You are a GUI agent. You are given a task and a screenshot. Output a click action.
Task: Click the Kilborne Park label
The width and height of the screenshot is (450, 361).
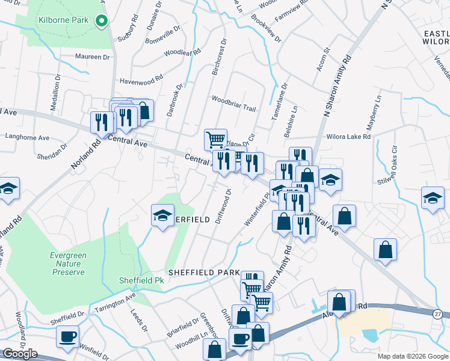63,20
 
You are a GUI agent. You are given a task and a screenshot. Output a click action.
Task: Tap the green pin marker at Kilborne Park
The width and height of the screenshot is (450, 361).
102,21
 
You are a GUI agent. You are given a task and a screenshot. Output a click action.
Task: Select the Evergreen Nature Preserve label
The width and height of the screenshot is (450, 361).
68,264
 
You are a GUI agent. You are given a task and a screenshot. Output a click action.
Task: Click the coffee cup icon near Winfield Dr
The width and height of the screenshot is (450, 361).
67,336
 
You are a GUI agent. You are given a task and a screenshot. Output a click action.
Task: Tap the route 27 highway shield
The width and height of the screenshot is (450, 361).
439,314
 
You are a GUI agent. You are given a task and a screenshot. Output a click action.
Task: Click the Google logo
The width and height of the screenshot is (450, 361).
20,354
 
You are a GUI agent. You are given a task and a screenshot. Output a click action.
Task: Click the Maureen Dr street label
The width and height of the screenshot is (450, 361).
93,57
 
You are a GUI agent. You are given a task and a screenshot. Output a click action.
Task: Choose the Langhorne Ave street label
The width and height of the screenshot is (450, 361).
27,137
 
